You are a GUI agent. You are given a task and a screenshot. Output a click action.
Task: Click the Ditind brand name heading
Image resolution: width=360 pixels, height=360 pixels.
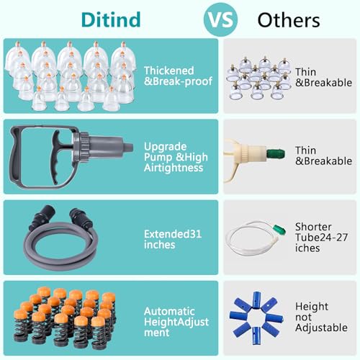click(x=111, y=19)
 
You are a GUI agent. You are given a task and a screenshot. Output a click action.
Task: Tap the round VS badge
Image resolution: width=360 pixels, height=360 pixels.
click(x=220, y=19)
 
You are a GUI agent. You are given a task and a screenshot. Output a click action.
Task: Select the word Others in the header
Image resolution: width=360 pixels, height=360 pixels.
click(x=289, y=20)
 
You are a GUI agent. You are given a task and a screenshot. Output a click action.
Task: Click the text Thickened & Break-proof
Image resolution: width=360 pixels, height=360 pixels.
click(x=178, y=76)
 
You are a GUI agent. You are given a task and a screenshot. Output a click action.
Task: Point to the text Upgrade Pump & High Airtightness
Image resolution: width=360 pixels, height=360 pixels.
click(x=176, y=157)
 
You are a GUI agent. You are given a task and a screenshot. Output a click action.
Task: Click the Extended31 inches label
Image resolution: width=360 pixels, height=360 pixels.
click(x=173, y=239)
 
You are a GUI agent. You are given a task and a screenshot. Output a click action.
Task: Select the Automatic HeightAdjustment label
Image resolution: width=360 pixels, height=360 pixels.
click(x=176, y=322)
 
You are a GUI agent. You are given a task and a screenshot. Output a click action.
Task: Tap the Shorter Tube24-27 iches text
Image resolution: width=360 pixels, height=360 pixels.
click(x=321, y=238)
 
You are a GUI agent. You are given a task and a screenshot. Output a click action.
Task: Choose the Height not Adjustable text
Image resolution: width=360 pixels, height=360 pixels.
click(x=321, y=317)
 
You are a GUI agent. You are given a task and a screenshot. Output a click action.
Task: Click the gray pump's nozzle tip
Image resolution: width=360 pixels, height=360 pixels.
click(x=129, y=148)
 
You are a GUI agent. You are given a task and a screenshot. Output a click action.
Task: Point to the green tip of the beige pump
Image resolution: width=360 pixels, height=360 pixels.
click(x=276, y=153)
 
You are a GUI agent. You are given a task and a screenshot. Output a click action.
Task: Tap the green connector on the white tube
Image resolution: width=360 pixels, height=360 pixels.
click(x=279, y=230)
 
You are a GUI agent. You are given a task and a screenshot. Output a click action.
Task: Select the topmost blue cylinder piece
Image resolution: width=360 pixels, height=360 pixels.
click(x=257, y=299)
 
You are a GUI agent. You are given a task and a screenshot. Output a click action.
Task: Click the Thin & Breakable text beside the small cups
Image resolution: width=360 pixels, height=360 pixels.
click(x=323, y=77)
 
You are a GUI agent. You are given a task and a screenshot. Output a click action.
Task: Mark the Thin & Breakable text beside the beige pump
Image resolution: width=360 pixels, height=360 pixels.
click(x=323, y=156)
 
